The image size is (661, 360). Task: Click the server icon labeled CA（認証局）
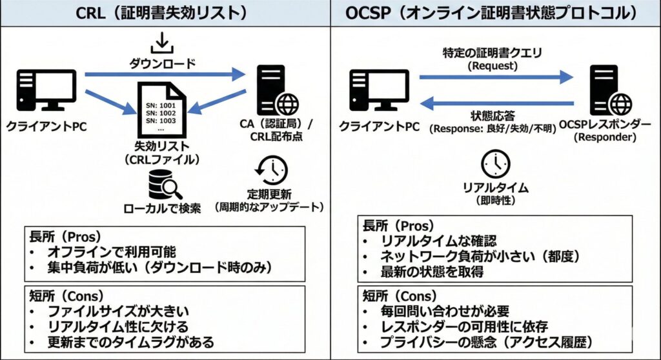(274, 90)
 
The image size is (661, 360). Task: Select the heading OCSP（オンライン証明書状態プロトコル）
(496, 12)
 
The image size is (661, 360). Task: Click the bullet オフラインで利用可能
(112, 252)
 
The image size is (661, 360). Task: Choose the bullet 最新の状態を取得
(432, 272)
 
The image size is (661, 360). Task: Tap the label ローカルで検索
(163, 208)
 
